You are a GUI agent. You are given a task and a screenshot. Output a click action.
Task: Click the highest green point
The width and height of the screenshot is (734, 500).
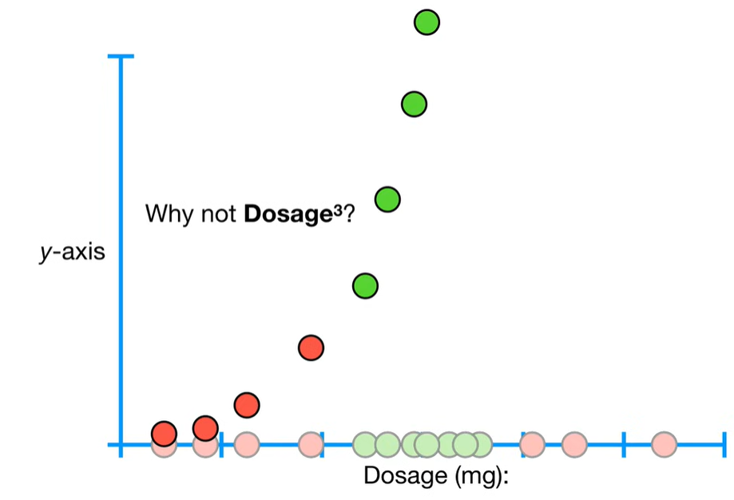pos(427,22)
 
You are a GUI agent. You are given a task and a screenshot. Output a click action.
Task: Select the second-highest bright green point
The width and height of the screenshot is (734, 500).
pos(413,104)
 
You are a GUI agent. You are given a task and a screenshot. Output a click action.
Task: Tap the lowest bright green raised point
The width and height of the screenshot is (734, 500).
pos(365,285)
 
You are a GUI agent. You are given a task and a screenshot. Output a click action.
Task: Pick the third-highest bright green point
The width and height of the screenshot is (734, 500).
pos(387,199)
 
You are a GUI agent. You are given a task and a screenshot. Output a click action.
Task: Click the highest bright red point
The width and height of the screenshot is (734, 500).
pos(311,347)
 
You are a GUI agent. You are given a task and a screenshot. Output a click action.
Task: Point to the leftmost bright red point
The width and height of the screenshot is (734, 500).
pos(164,434)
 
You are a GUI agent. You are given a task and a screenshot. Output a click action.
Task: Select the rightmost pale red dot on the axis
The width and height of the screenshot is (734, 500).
pos(664,444)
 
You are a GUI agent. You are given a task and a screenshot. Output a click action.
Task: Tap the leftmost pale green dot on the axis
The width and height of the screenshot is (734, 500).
pos(365,444)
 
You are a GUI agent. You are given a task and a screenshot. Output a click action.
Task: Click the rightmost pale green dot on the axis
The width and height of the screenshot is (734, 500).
pos(480,444)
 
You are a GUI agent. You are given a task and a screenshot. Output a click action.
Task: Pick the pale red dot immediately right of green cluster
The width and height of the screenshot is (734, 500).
pos(532,444)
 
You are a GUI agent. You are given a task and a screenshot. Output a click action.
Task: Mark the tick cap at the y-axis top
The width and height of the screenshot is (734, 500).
pos(121,58)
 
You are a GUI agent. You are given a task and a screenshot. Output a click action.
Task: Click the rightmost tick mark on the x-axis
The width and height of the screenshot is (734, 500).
pos(724,444)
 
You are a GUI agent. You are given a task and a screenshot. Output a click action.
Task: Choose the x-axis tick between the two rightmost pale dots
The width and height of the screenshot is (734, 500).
pos(624,444)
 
